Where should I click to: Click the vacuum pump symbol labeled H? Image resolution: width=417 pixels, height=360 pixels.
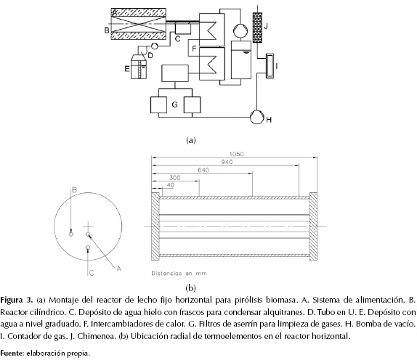coord(257,117)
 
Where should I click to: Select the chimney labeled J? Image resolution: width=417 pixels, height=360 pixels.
coord(257,28)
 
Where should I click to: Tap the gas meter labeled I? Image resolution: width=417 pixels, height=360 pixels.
coord(270,66)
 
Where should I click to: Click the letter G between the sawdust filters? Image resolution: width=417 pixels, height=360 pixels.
coord(174,105)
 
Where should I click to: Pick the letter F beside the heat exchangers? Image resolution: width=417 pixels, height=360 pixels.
coord(194,49)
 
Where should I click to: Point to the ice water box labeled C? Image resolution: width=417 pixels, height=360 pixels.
coord(182,29)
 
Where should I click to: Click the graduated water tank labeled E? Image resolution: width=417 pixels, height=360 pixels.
coord(139,67)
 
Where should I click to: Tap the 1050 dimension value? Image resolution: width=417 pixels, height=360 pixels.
coord(236,154)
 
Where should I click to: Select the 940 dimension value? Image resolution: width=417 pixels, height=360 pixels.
coord(227,162)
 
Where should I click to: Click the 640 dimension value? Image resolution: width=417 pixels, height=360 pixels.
coord(203,170)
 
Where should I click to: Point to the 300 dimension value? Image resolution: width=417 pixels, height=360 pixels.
coord(174,178)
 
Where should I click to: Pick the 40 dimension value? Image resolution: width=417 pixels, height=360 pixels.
coord(171,185)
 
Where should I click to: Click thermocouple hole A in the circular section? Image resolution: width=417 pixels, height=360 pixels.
coord(88,234)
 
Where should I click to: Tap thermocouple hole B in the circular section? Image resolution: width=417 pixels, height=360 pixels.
coord(70,234)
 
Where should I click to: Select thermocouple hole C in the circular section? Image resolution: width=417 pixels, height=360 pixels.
coord(88,248)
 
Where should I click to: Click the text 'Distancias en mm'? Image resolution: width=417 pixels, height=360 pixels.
coord(179,273)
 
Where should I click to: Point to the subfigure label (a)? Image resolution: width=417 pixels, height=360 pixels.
coord(191,140)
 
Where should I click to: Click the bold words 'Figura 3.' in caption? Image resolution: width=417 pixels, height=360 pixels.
coord(17,300)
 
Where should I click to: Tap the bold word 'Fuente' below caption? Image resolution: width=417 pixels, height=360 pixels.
coord(12,353)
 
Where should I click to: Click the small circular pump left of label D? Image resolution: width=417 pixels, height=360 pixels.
coord(155,46)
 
